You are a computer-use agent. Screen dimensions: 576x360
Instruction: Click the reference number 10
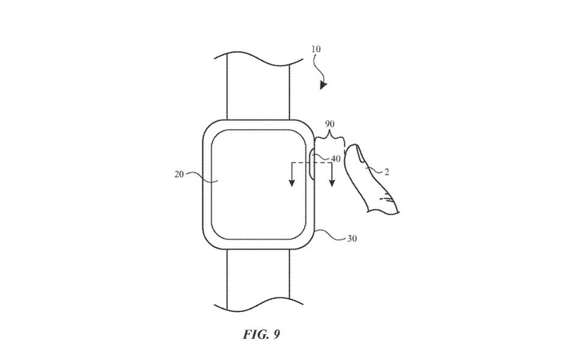tap(316, 49)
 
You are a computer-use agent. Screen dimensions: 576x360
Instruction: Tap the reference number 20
tap(179, 175)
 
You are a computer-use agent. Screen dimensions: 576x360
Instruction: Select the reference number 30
tap(352, 239)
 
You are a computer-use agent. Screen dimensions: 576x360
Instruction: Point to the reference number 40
tap(336, 158)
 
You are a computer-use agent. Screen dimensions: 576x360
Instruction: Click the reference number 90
tap(329, 124)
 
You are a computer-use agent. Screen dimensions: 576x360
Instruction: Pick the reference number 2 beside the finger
tap(386, 172)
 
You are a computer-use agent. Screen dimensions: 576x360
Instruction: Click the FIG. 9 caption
tap(262, 335)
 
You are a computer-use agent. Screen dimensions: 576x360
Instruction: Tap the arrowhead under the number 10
tap(323, 85)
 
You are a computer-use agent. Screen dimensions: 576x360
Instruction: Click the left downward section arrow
tap(292, 174)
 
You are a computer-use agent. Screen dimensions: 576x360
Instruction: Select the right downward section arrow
tap(332, 174)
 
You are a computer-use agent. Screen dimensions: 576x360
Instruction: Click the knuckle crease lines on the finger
tap(386, 199)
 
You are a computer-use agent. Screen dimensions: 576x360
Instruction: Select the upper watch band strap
tap(258, 88)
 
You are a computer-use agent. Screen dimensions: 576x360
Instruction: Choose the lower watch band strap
tap(258, 279)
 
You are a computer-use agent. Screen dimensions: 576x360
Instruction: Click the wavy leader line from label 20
tap(202, 176)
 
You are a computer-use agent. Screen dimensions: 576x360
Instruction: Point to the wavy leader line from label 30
tap(331, 235)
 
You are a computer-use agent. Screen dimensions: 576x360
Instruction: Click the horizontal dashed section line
tap(312, 163)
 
